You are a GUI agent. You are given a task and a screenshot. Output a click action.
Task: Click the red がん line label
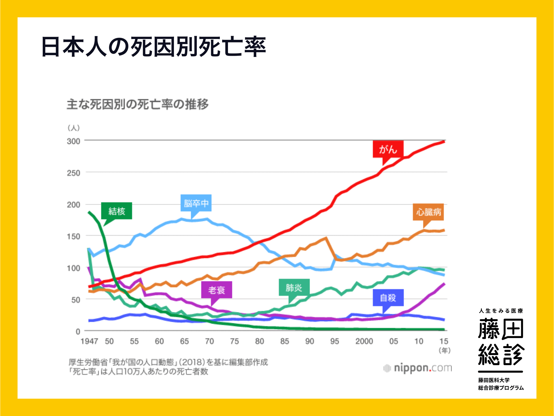pos(388,149)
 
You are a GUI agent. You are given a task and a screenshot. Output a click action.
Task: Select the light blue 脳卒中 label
pos(196,203)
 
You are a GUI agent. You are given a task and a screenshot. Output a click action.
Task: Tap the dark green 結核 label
pos(117,211)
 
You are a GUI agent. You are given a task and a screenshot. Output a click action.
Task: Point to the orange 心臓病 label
pos(428,212)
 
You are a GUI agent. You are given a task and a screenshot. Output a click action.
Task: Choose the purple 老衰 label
pos(216,290)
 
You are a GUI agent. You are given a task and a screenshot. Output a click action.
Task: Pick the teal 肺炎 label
pos(294,287)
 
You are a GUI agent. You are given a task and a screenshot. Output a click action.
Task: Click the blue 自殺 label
pos(388,298)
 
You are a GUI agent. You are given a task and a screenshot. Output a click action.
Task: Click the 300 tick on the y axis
pos(74,141)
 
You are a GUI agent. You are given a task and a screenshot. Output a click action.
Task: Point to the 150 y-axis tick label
pos(74,236)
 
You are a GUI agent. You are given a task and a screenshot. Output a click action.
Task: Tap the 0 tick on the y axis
pos(78,331)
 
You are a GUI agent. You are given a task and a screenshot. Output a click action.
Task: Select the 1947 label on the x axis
pos(89,341)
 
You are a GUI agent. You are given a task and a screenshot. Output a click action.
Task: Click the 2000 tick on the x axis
pos(364,341)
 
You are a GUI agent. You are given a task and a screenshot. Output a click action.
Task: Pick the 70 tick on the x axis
pos(209,341)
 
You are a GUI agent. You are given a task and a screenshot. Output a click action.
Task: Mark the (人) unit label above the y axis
pos(74,128)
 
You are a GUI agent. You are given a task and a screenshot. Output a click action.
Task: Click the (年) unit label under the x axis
pos(444,350)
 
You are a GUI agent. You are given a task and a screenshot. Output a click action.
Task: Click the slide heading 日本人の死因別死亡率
pos(154,47)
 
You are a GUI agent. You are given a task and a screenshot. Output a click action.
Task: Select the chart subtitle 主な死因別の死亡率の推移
pos(138,104)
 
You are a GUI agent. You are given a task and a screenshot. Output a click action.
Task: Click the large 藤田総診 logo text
pos(501,342)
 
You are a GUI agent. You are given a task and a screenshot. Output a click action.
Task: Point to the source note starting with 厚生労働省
pos(168,362)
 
